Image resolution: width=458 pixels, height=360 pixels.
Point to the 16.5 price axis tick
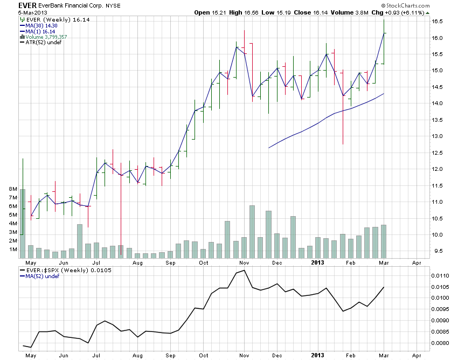pos(436,22)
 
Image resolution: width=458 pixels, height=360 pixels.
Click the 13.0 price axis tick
pos(436,136)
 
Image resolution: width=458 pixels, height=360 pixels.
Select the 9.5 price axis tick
pos(436,251)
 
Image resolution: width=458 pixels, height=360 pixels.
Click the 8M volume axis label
pos(13,189)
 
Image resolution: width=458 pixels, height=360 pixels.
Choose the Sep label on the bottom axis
pos(170,355)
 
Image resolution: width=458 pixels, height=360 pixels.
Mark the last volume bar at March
pos(384,241)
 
